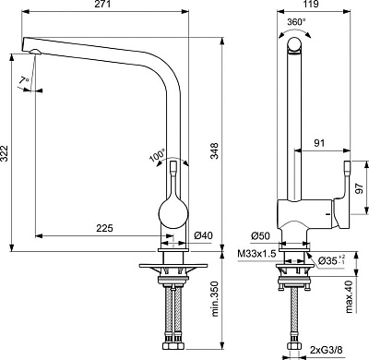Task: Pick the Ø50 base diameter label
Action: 260,236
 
